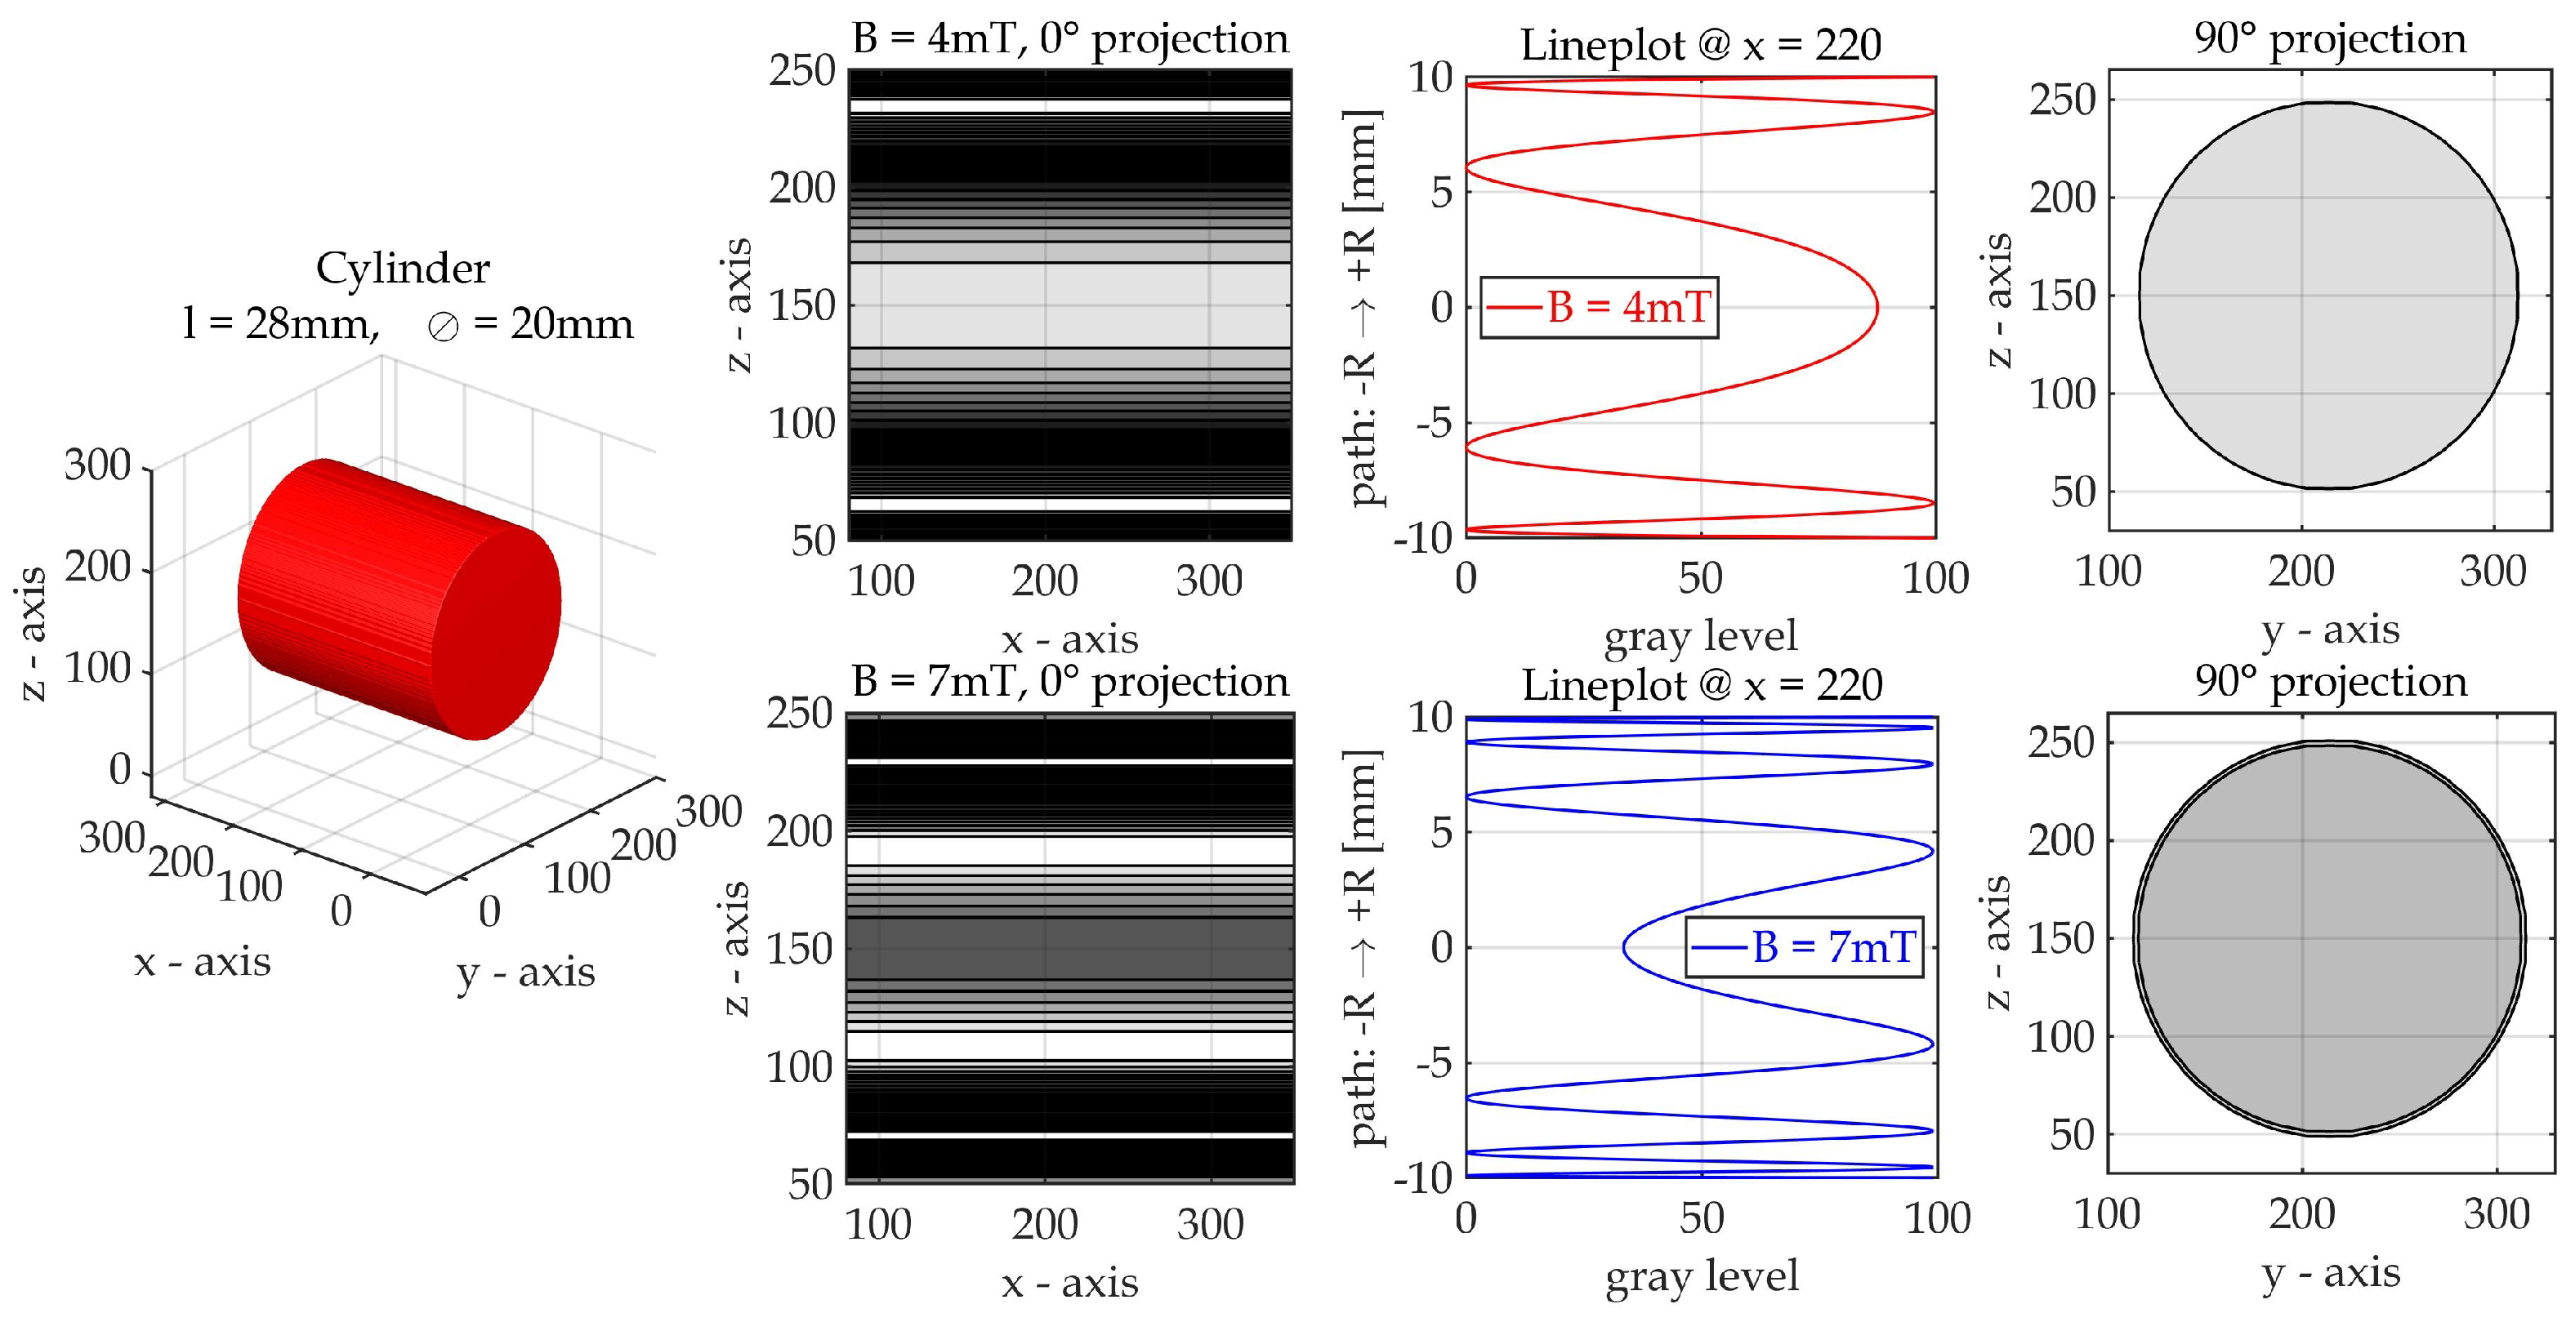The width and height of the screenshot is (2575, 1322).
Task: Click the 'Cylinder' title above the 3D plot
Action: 403,269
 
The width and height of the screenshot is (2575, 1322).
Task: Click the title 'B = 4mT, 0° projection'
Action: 1069,40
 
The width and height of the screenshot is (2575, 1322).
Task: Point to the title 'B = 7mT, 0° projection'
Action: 1069,683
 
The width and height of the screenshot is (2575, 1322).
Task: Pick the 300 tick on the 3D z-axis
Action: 98,466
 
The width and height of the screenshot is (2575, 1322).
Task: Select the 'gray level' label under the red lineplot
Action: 1700,635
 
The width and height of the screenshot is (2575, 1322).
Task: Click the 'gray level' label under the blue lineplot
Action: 1702,1276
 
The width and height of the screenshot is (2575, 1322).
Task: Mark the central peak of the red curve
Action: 1877,308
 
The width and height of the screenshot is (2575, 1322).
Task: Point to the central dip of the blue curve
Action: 1624,947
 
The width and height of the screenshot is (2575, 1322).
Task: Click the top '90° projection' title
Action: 2330,40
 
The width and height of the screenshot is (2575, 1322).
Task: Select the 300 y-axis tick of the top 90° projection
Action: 2493,572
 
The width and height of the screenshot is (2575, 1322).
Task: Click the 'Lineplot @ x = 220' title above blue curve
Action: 1702,685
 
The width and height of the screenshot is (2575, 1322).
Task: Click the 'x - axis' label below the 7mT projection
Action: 1069,1283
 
